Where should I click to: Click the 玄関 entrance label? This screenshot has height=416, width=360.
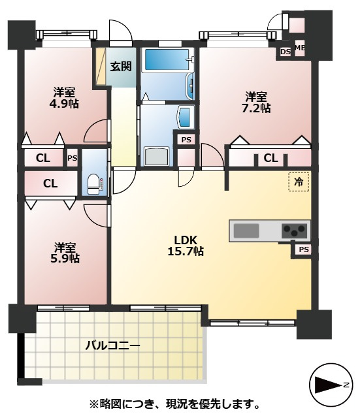tap(121, 67)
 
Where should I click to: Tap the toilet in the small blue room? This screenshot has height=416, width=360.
tap(95, 184)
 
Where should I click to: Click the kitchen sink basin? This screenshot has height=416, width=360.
tap(246, 231)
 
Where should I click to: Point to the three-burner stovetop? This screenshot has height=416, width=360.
tap(294, 231)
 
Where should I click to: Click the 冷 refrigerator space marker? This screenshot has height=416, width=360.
tap(299, 182)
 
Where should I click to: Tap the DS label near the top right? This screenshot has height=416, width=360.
tap(286, 52)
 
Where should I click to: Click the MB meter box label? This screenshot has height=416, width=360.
tap(300, 48)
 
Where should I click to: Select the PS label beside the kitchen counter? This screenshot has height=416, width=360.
tap(304, 249)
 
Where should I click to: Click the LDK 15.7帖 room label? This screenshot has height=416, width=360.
tap(186, 246)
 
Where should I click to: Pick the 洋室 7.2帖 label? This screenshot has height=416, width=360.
tap(256, 103)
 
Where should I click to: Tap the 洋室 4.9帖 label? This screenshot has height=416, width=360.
tap(64, 98)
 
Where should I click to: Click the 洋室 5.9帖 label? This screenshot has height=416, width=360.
tap(65, 253)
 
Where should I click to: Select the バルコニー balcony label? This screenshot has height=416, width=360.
tap(112, 345)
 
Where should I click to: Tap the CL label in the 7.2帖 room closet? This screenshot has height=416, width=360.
tap(270, 159)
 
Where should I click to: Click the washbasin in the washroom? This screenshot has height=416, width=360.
tap(186, 117)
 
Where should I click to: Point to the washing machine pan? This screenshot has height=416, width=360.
tap(157, 157)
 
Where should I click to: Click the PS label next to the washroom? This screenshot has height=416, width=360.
tap(186, 140)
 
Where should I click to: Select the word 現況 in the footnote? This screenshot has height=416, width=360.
tap(176, 404)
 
